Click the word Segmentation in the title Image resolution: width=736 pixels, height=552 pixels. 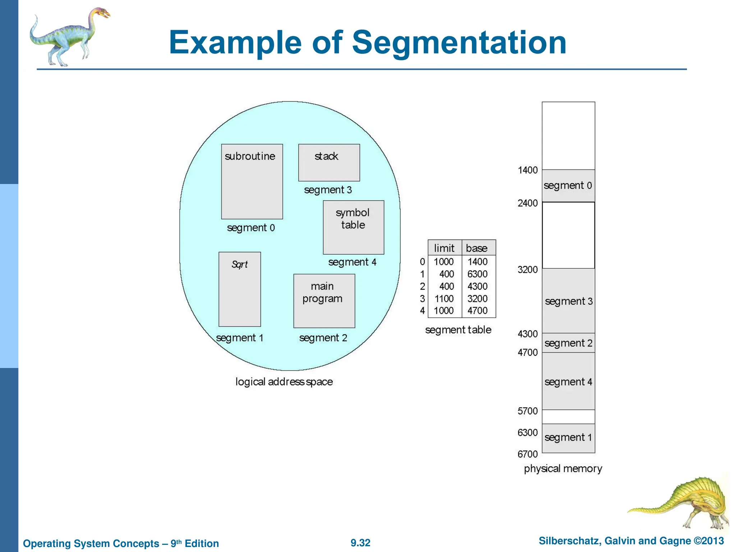(x=459, y=42)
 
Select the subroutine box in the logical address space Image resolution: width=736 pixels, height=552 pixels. (x=252, y=181)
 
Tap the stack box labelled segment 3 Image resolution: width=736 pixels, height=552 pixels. (x=329, y=162)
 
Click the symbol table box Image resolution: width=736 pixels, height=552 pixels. (x=353, y=227)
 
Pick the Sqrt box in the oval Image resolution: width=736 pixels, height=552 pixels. (x=239, y=289)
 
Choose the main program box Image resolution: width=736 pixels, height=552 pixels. (x=324, y=301)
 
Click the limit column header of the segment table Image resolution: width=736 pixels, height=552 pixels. (x=444, y=248)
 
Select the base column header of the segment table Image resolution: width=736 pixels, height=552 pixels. (x=477, y=248)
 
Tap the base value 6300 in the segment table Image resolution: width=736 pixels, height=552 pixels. (x=477, y=274)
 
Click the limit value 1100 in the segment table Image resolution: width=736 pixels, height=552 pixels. (x=444, y=299)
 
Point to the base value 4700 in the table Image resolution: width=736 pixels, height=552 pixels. (x=477, y=310)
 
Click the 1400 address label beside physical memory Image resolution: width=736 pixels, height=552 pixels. (x=527, y=170)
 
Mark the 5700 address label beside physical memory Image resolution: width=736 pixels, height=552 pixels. (x=527, y=411)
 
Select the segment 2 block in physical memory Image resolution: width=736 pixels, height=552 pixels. (x=568, y=343)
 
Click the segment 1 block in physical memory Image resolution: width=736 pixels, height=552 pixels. (x=568, y=438)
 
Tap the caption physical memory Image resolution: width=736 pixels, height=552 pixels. (x=563, y=469)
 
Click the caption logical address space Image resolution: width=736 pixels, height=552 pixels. (x=284, y=382)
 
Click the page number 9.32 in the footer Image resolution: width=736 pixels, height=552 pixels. (x=360, y=543)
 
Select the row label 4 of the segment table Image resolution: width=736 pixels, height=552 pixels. (x=422, y=310)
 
